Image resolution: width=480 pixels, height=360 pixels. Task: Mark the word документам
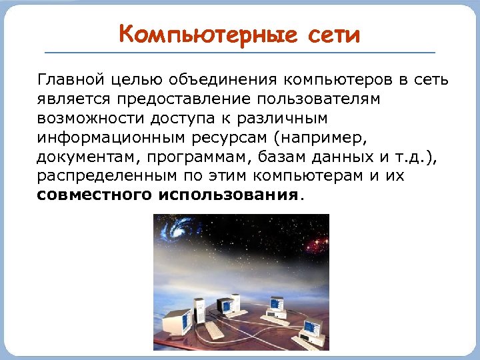[83, 157]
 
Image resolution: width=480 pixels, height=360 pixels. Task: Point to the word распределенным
[99, 177]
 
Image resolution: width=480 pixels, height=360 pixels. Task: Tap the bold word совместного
[95, 195]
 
